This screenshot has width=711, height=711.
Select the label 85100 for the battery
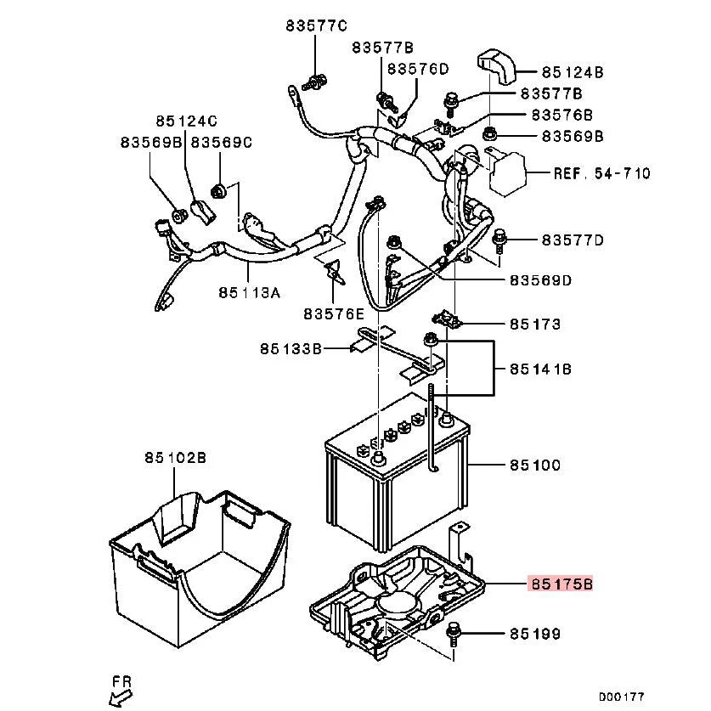click(535, 466)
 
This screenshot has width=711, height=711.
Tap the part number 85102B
click(176, 458)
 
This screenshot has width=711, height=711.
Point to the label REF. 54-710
click(601, 173)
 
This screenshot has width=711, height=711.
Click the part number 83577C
click(316, 25)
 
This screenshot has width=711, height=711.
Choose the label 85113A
click(250, 292)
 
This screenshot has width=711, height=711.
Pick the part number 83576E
click(334, 313)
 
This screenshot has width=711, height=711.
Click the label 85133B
click(291, 348)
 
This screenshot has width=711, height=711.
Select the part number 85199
click(535, 634)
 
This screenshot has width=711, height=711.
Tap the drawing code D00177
click(621, 697)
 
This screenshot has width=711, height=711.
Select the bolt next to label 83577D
click(499, 240)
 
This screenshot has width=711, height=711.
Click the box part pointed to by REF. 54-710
click(507, 173)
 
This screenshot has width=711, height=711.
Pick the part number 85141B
click(540, 370)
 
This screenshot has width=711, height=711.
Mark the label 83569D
click(540, 280)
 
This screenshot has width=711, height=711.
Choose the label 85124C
click(186, 121)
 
